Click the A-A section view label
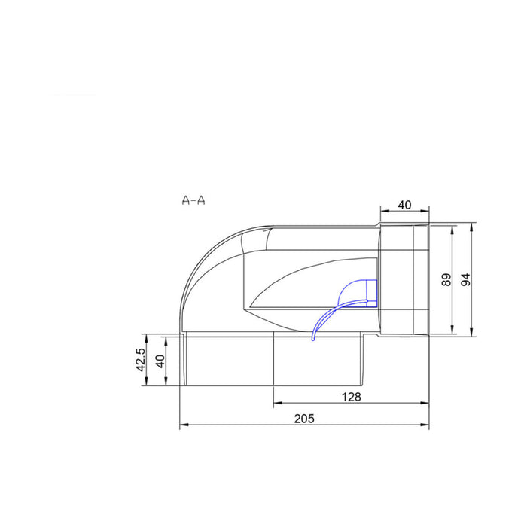click(193, 200)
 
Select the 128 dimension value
click(352, 396)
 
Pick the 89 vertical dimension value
click(446, 279)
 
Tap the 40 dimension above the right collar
click(404, 205)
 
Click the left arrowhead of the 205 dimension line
click(182, 425)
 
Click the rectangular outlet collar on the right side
click(404, 279)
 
